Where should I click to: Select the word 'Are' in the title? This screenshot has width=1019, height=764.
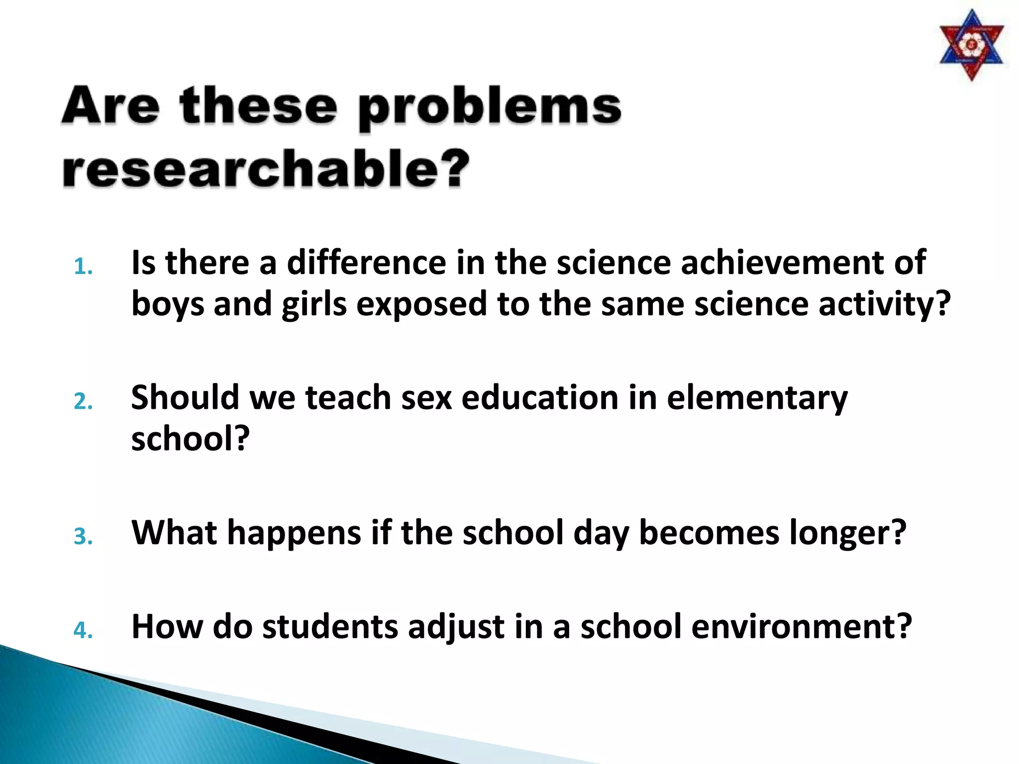pyautogui.click(x=111, y=105)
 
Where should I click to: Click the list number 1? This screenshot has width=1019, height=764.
pyautogui.click(x=83, y=267)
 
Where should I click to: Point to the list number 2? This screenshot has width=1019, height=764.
pyautogui.click(x=83, y=401)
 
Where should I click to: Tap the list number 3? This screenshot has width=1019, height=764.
pyautogui.click(x=83, y=537)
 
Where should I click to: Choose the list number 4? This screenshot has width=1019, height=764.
pyautogui.click(x=83, y=630)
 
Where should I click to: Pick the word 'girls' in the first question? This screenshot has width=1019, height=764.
pyautogui.click(x=314, y=304)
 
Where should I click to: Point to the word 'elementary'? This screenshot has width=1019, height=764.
pyautogui.click(x=757, y=398)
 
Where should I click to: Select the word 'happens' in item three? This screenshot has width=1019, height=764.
pyautogui.click(x=294, y=533)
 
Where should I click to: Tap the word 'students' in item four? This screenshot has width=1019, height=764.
pyautogui.click(x=330, y=626)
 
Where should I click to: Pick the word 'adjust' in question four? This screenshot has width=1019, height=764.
pyautogui.click(x=456, y=627)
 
